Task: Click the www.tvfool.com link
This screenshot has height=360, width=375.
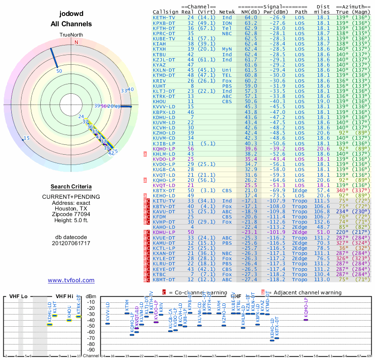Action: (71, 280)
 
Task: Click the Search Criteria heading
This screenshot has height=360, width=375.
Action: (71, 187)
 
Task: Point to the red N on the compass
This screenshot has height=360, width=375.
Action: (76, 42)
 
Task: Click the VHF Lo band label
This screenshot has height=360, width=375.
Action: (18, 296)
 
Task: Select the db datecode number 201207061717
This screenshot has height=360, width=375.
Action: (71, 243)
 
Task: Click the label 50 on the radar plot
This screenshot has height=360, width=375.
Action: (59, 71)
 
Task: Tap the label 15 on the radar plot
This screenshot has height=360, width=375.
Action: (27, 138)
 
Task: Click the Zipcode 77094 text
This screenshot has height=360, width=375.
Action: (71, 218)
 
